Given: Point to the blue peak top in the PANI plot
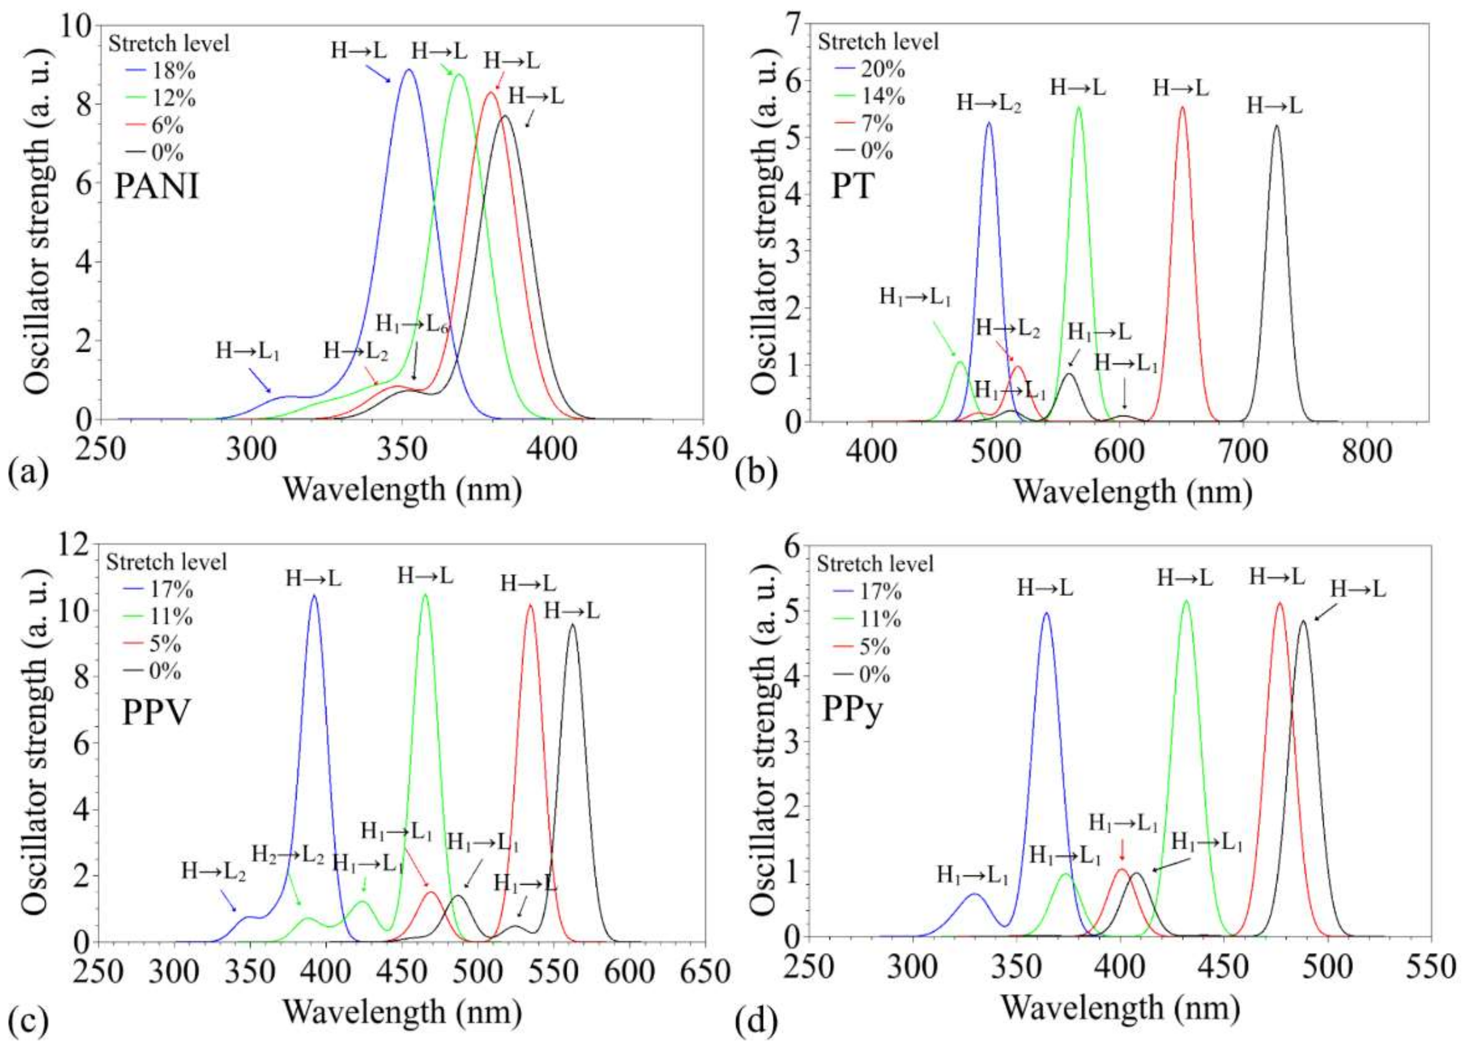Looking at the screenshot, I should click(x=407, y=70).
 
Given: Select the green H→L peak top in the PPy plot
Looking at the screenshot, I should click(x=1186, y=601).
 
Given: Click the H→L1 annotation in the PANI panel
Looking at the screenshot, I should click(x=248, y=351).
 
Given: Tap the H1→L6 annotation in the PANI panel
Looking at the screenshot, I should click(x=411, y=323).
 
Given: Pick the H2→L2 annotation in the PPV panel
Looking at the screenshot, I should click(x=287, y=854).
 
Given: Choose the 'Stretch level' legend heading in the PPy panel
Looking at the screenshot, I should click(x=874, y=564).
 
